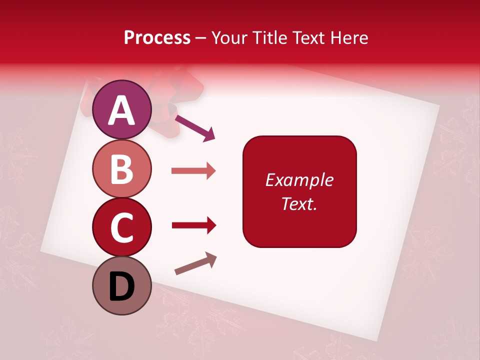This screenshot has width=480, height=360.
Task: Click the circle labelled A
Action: click(121, 109)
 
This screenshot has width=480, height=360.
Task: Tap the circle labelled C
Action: click(121, 227)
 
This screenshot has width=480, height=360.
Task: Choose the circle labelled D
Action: click(121, 285)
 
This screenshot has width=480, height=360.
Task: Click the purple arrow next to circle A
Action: click(194, 127)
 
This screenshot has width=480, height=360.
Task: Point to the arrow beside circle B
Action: click(193, 171)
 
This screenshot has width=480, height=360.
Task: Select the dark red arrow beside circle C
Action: click(193, 225)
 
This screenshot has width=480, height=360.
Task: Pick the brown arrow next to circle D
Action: click(195, 263)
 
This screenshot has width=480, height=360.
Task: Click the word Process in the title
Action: click(157, 37)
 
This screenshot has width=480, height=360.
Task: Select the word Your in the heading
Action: click(229, 37)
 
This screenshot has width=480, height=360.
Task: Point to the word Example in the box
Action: click(299, 180)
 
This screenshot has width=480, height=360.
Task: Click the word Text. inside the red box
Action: click(299, 203)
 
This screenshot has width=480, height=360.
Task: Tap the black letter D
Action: click(121, 286)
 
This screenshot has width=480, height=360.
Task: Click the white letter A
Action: click(121, 110)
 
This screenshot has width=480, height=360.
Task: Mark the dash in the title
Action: click(201, 38)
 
